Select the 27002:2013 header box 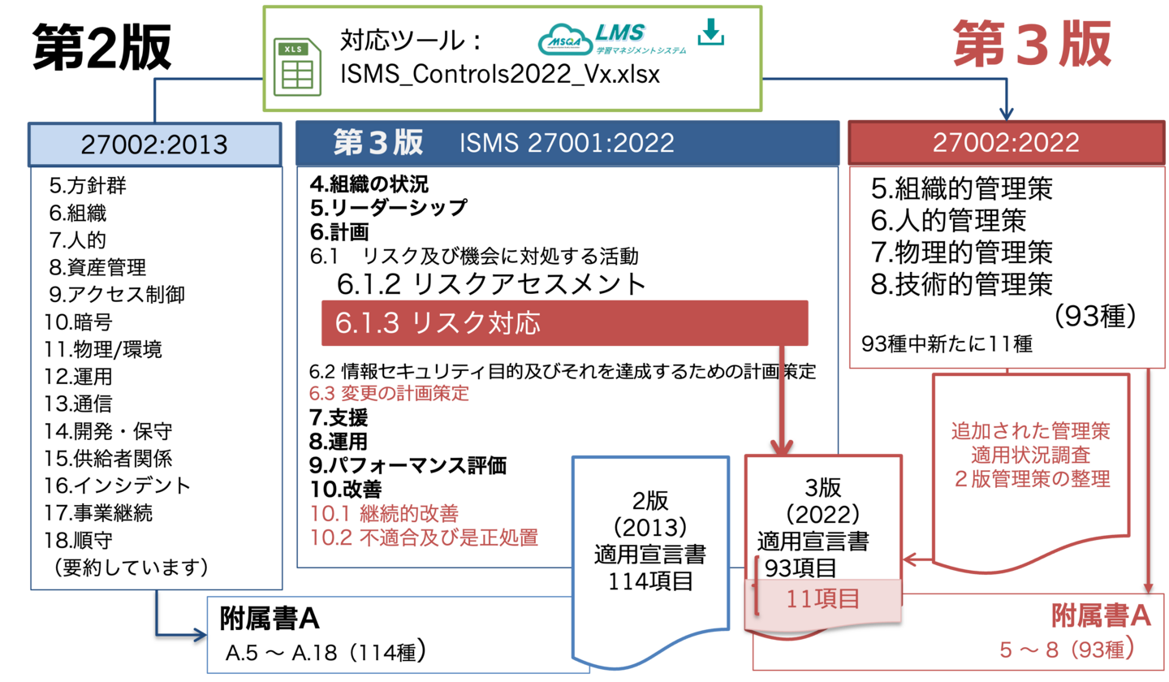click(154, 144)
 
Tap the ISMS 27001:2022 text click(567, 143)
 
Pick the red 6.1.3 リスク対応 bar click(564, 323)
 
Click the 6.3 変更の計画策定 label click(390, 395)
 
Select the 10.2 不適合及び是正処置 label click(425, 537)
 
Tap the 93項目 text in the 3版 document click(800, 567)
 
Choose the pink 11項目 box click(822, 600)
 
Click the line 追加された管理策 click(1030, 430)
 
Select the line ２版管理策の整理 click(1030, 478)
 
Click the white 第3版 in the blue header click(378, 143)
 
